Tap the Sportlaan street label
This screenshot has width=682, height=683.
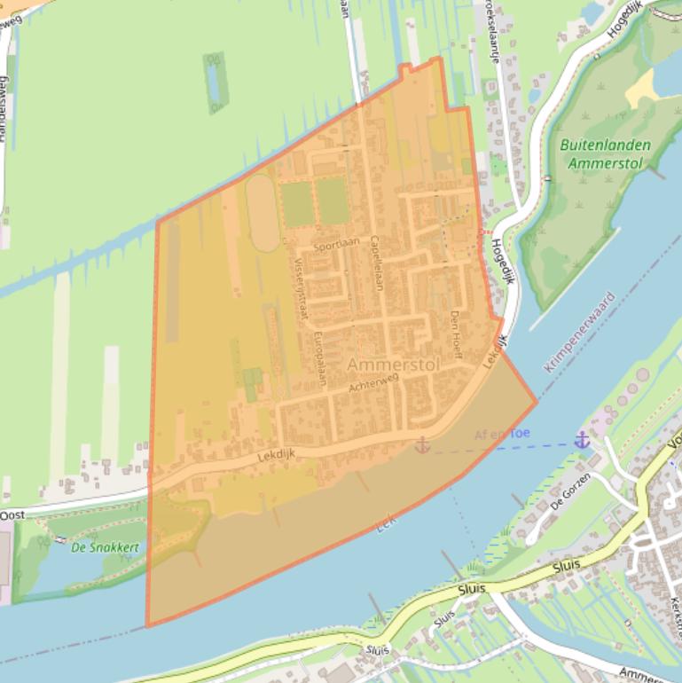(x=333, y=243)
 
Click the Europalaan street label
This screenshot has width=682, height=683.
(x=320, y=357)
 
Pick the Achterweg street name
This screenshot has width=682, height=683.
(x=374, y=382)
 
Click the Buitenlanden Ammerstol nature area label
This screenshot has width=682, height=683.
(x=606, y=154)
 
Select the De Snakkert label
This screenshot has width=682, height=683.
(x=105, y=547)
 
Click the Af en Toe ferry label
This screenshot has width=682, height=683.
(x=502, y=434)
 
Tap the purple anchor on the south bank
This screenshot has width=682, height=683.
(x=582, y=439)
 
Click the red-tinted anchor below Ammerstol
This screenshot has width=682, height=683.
(x=422, y=444)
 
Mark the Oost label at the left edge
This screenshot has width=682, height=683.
(x=12, y=515)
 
